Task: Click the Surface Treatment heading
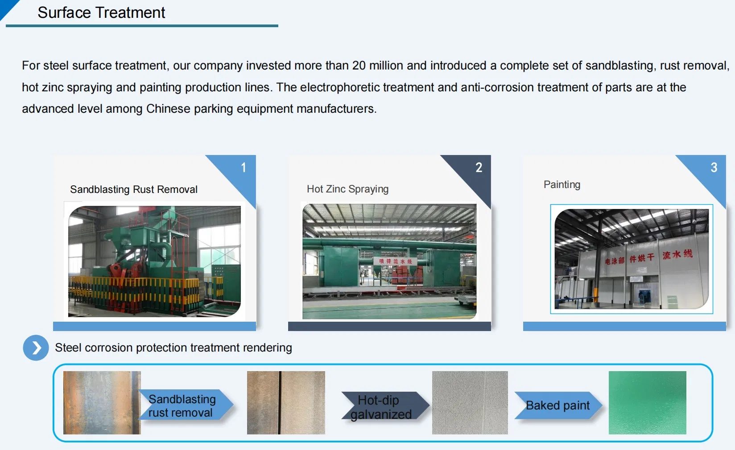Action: point(101,13)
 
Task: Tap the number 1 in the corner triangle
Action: point(244,168)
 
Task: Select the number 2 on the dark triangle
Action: point(479,168)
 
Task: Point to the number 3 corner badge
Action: point(714,168)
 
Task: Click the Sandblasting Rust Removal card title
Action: point(133,189)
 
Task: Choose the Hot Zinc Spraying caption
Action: point(347,189)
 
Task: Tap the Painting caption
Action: point(562,184)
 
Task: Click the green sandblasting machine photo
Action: point(154,261)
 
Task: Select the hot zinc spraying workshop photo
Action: point(389,261)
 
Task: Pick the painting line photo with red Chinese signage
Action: point(631,259)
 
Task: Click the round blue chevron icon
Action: point(36,348)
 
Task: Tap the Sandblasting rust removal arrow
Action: point(185,405)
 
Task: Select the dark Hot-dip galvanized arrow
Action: point(384,406)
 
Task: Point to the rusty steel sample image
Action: point(102,402)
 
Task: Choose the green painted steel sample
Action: point(647,402)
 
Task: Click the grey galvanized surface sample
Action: point(470,402)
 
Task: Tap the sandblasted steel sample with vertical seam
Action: point(286,402)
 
